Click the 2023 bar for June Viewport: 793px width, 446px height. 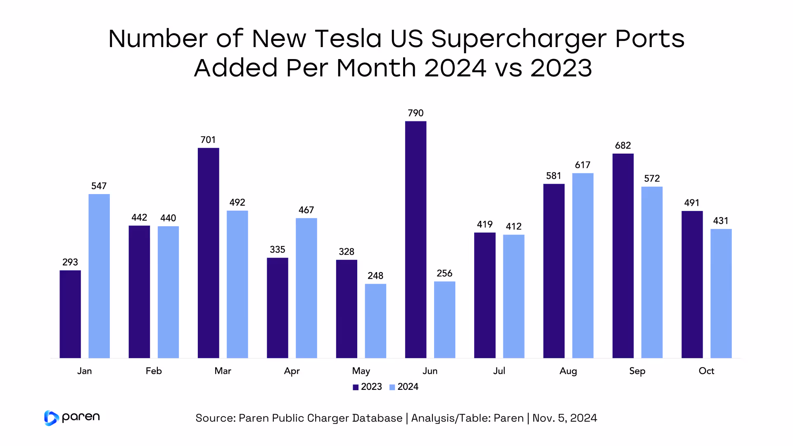(x=415, y=240)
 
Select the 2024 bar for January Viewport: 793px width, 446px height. (x=99, y=276)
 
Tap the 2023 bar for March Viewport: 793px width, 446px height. (x=208, y=253)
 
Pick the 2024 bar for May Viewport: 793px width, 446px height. (x=375, y=321)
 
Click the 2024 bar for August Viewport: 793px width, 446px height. (x=582, y=266)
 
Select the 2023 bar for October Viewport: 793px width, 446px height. (x=692, y=285)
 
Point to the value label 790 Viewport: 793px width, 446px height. (x=415, y=113)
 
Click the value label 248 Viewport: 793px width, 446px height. (x=375, y=276)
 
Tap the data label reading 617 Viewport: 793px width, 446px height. (x=582, y=165)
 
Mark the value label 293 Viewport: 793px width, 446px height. (x=70, y=262)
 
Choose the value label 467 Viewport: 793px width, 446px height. (x=306, y=210)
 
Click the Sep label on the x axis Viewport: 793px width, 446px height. (x=637, y=371)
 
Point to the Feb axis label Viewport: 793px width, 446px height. (x=154, y=371)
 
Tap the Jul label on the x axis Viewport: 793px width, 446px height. (x=499, y=371)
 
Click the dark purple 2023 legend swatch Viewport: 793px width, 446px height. (x=356, y=387)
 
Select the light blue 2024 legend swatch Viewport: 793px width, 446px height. (x=392, y=387)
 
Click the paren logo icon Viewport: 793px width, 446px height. (x=51, y=418)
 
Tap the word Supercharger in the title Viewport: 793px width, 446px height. (x=519, y=39)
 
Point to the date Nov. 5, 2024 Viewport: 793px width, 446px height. (x=565, y=418)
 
